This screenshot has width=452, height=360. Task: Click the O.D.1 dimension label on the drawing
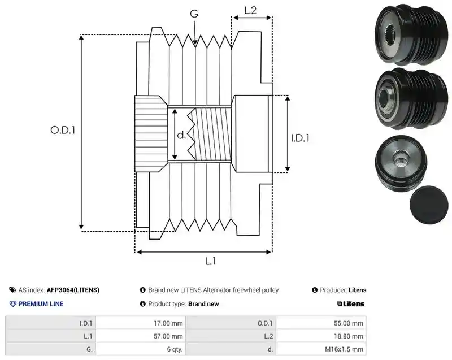63,131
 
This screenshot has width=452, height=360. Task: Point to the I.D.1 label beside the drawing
301,138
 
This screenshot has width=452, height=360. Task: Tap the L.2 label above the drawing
250,10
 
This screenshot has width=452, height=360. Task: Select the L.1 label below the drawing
210,262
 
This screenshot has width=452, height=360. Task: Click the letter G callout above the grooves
194,14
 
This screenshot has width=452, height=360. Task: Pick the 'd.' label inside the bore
181,135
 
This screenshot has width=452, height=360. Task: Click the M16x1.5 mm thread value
344,349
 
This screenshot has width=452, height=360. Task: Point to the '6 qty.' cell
175,349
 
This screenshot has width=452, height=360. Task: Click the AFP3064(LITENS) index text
73,290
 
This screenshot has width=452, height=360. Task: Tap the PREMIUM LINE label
41,304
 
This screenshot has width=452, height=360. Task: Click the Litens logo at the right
351,304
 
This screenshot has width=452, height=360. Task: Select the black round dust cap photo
429,205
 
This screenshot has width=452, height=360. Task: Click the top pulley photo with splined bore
411,34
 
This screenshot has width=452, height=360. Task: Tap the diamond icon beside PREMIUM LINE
13,304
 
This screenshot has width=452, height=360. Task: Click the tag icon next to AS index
12,290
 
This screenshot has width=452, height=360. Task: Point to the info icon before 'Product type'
143,304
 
